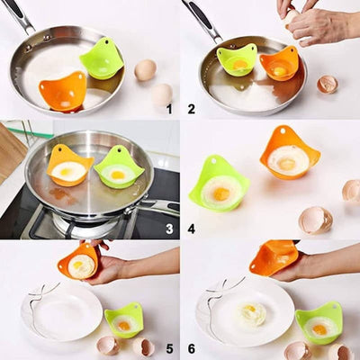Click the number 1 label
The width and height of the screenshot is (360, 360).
pos(168,109)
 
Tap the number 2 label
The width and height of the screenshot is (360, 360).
pos(191,109)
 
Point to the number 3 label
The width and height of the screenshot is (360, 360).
pos(168,229)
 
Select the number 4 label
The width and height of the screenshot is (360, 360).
pos(191,229)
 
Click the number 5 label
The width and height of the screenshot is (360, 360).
pos(168,348)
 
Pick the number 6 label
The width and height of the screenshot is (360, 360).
pos(191,348)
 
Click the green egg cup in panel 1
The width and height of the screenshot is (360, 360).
pos(102,58)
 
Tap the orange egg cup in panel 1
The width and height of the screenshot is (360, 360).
pos(63,90)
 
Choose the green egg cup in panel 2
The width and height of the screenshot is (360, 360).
pos(237,59)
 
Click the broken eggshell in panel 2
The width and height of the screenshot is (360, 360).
pos(328,84)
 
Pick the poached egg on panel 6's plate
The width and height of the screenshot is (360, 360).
pos(253,312)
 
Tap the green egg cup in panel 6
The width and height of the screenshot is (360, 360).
pos(319,323)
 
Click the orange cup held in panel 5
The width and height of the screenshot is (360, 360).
pos(79,262)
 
